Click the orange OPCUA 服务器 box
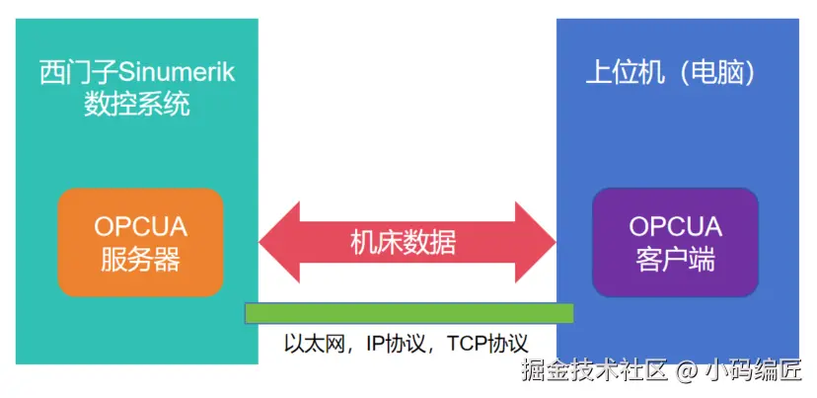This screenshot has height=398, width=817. [140, 243]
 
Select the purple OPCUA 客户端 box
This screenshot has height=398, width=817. [676, 243]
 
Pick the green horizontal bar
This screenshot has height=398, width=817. [408, 313]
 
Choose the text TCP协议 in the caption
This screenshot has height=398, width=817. [487, 344]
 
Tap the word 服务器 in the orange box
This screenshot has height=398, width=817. [140, 260]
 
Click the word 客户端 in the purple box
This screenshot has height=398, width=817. [676, 260]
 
